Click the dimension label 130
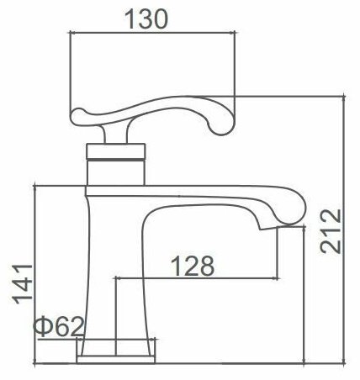point(146,19)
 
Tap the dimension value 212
point(331,231)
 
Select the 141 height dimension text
point(23,284)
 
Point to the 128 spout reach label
point(193,266)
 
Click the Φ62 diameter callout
point(59,327)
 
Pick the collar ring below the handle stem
point(116,152)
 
